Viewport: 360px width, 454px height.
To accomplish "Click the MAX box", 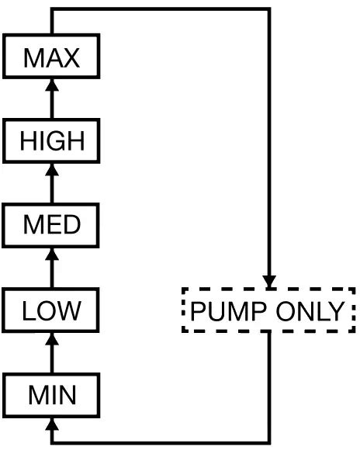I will [51, 57].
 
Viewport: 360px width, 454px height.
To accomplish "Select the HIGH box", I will [51, 140].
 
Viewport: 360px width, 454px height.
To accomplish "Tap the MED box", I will [51, 225].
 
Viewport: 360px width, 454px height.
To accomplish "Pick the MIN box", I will [51, 394].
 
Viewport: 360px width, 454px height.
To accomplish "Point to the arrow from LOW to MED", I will [52, 267].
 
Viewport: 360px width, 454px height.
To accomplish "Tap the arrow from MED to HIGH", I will [52, 182].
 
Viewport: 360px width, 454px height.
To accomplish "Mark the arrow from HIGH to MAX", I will [52, 99].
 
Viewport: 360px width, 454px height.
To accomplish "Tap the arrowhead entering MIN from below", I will [52, 423].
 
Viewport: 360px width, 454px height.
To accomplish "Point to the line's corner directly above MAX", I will [52, 9].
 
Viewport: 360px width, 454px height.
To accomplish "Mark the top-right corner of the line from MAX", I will [269, 9].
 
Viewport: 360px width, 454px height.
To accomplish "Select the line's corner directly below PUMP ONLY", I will [269, 443].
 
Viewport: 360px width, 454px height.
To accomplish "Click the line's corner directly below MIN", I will [52, 443].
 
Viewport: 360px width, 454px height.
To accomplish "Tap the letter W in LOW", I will [68, 310].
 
